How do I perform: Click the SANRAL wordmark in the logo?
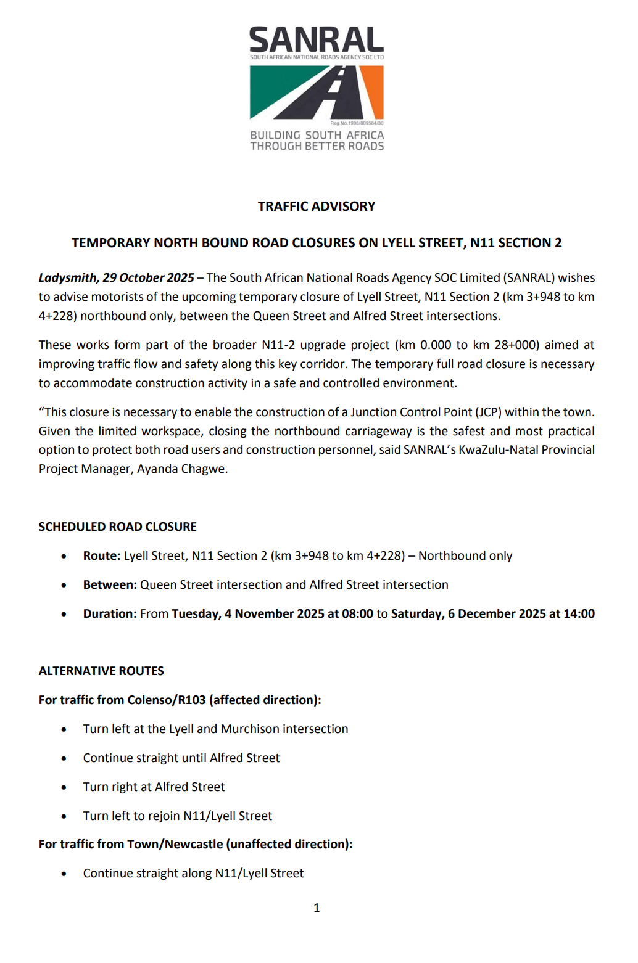click(x=316, y=40)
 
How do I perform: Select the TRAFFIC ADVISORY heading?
click(x=316, y=207)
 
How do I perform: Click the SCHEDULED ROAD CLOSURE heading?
click(x=117, y=527)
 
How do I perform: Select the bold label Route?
click(x=102, y=556)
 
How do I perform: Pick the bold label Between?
click(x=110, y=585)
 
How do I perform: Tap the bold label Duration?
click(x=110, y=614)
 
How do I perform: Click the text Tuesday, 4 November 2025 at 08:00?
click(x=272, y=614)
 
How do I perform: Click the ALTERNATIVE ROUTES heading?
click(x=101, y=671)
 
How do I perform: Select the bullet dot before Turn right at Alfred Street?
click(x=64, y=788)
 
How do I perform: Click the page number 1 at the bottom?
click(x=317, y=908)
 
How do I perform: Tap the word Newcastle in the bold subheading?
click(x=193, y=845)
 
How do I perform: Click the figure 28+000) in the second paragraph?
click(x=514, y=345)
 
